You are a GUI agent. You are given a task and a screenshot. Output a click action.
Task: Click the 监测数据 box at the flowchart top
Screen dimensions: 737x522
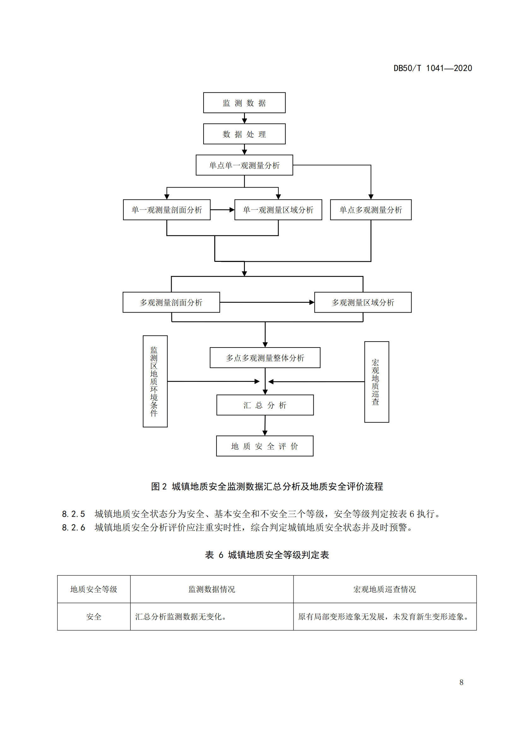[244, 103]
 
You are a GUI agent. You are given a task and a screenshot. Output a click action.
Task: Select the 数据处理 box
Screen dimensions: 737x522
[244, 134]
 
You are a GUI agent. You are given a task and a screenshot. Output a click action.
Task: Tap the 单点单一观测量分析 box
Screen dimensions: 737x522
[244, 165]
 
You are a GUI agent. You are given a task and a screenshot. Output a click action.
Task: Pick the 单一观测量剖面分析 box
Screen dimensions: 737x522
[167, 210]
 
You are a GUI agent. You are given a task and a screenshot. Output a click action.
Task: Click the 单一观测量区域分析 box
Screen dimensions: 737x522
[278, 210]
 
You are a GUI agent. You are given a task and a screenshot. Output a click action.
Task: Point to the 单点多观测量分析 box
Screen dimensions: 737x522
[371, 210]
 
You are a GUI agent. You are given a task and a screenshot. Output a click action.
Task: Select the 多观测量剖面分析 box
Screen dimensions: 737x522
[171, 302]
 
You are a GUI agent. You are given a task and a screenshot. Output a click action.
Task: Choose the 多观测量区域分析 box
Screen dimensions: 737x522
[363, 302]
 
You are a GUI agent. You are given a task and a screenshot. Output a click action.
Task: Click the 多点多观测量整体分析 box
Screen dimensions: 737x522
[265, 358]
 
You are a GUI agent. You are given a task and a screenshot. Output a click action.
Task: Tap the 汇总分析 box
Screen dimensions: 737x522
[265, 405]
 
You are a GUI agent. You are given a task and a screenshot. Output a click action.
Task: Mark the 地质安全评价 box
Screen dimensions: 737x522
[264, 446]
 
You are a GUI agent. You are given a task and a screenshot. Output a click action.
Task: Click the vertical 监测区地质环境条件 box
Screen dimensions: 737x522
[155, 381]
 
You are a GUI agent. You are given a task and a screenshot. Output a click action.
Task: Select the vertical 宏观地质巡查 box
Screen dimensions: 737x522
[377, 382]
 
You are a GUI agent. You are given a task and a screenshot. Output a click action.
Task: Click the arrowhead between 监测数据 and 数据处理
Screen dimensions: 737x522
[244, 121]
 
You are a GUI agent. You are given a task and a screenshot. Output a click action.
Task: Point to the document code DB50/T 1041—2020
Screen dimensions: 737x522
[433, 68]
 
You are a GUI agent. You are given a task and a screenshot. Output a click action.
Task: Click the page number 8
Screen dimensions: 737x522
[461, 682]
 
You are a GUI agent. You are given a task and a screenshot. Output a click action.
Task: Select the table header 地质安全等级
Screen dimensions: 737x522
[93, 589]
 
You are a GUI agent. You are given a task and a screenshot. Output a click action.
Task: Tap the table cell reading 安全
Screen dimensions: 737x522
[93, 616]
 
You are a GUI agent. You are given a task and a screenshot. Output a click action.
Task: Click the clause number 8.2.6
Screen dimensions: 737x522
[73, 527]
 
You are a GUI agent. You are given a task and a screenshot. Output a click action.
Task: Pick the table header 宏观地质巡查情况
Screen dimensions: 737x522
[384, 589]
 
